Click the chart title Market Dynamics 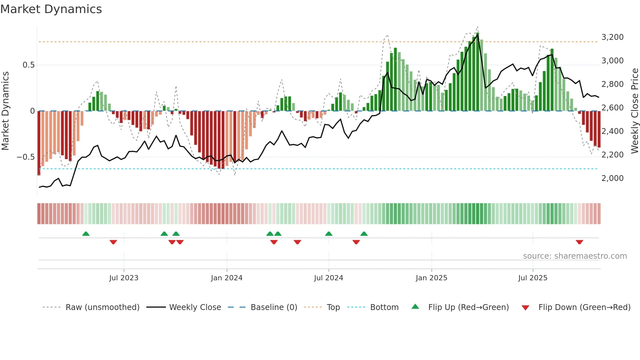coord(51,9)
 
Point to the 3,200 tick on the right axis coord(612,37)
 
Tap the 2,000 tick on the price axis coord(612,178)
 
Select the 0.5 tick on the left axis coord(28,65)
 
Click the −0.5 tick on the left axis coord(26,157)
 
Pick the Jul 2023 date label coord(124,278)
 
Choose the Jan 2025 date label coord(431,278)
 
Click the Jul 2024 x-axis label coord(328,278)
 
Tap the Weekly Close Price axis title coord(634,111)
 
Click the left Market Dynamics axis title coord(5,111)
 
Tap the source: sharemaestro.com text coord(575,256)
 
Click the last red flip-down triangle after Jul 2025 coord(579,242)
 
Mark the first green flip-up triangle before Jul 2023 coord(86,234)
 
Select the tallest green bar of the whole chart coord(477,72)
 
